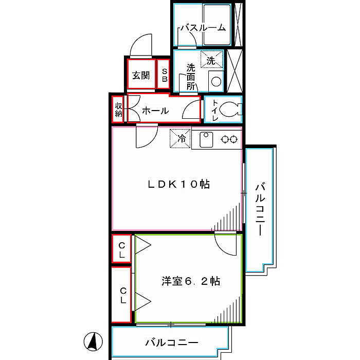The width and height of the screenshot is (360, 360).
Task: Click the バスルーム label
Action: point(203,28)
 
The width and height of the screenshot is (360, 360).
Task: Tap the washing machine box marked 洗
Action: point(212,59)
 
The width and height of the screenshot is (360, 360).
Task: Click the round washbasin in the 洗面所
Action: point(216,81)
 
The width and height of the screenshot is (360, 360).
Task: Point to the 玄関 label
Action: point(141,75)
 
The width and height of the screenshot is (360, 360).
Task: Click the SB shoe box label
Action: point(165,75)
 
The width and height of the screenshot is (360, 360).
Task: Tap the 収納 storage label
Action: point(118,110)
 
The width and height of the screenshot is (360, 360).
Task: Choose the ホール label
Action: point(155,111)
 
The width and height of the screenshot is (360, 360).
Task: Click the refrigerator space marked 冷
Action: point(180,138)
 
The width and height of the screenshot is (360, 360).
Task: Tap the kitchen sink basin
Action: point(206,139)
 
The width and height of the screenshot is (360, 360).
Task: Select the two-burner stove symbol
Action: point(229,139)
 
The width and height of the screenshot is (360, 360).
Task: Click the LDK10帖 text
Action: point(178,184)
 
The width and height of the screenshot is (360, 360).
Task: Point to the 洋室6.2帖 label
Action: point(191,281)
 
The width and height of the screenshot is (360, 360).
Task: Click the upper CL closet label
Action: point(122,250)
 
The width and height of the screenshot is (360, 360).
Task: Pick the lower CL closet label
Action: point(123,296)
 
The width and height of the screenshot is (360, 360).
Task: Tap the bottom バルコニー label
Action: point(171,343)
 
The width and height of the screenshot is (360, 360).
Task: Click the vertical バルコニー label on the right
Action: point(260,209)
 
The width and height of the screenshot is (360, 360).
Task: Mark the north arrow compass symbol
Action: point(93,341)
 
